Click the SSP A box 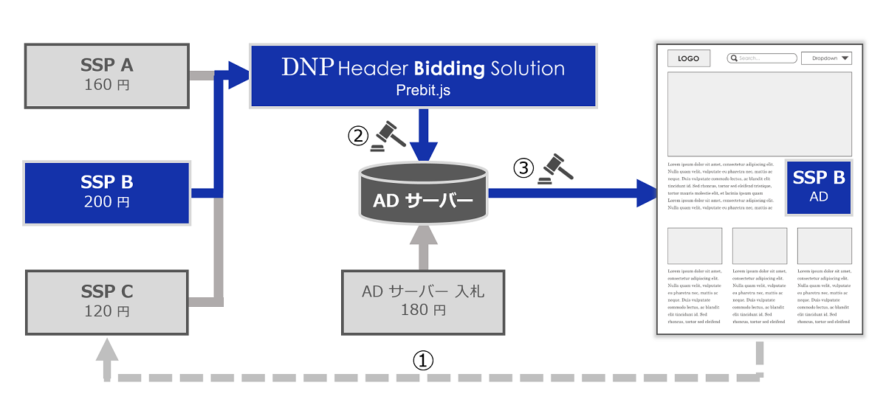click(107, 75)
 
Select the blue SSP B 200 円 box click(107, 192)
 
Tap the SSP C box click(107, 300)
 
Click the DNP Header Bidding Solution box click(422, 75)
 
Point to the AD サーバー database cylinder click(423, 194)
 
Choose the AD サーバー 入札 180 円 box click(423, 301)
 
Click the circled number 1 click(422, 361)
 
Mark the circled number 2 click(358, 136)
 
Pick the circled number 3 click(523, 168)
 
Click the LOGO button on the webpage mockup click(689, 58)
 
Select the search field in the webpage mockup click(762, 58)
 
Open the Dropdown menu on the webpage click(826, 58)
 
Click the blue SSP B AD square click(818, 187)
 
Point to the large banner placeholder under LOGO click(759, 114)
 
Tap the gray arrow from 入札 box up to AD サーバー click(423, 247)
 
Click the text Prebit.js click(423, 91)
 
